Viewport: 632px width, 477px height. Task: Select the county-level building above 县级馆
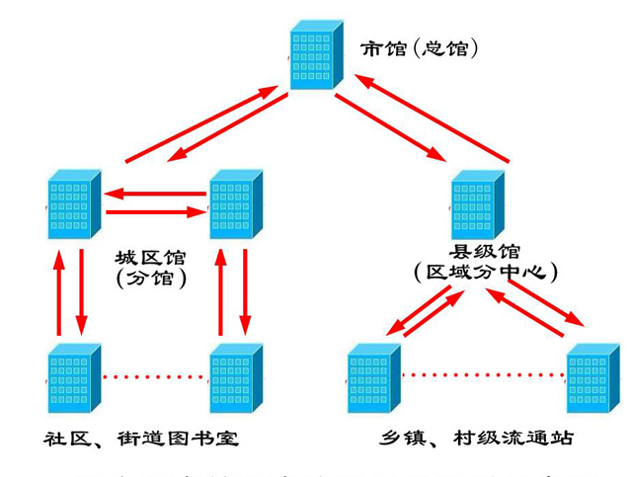click(x=477, y=204)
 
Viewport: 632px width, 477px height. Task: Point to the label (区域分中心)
click(x=485, y=272)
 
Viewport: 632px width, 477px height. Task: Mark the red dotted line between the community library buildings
click(x=156, y=376)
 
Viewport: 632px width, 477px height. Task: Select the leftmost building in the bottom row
click(x=73, y=377)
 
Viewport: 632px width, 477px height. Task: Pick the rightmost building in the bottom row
click(x=592, y=377)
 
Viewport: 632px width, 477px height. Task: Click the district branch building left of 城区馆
click(x=73, y=204)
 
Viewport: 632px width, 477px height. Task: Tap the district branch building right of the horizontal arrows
click(x=235, y=204)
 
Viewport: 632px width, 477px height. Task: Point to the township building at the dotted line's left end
click(x=374, y=377)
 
